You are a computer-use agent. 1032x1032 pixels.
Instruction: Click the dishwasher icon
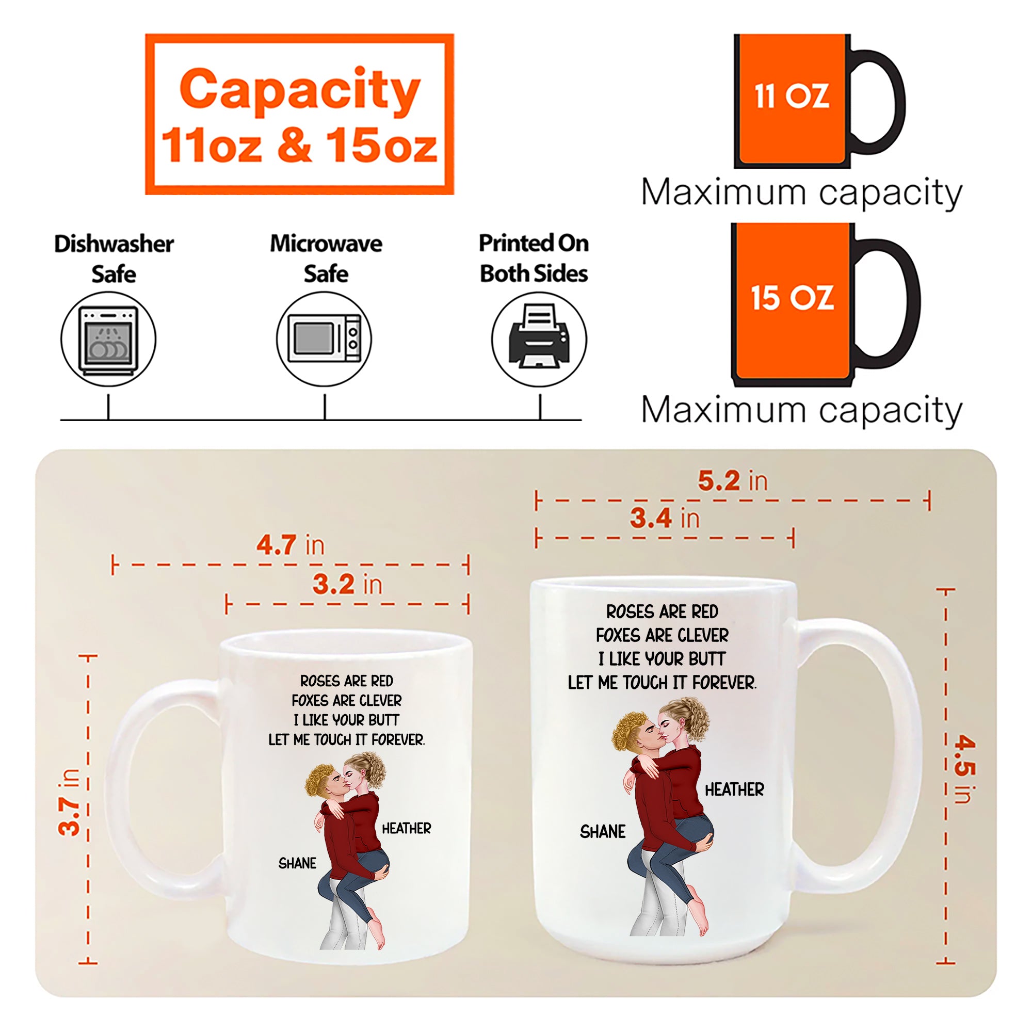point(108,339)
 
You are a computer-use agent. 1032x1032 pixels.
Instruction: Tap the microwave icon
point(324,339)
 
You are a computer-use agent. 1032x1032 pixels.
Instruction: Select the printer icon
point(540,339)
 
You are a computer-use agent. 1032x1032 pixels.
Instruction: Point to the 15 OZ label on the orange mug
point(792,298)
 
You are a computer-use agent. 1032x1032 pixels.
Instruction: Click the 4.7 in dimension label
point(291,545)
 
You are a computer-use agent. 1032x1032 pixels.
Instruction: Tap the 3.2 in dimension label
point(348,584)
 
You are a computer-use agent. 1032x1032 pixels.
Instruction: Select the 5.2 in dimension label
point(733,481)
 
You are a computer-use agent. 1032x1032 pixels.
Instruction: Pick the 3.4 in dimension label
point(665,518)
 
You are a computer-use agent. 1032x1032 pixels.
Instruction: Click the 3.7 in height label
point(70,802)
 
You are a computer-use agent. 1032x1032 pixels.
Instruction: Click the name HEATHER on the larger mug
point(734,789)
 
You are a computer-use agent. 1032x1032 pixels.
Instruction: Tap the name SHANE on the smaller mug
point(298,863)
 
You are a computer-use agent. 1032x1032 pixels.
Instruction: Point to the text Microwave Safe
point(326,259)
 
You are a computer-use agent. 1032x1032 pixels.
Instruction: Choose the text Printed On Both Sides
point(534,259)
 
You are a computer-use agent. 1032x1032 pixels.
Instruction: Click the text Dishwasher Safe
point(114,259)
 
